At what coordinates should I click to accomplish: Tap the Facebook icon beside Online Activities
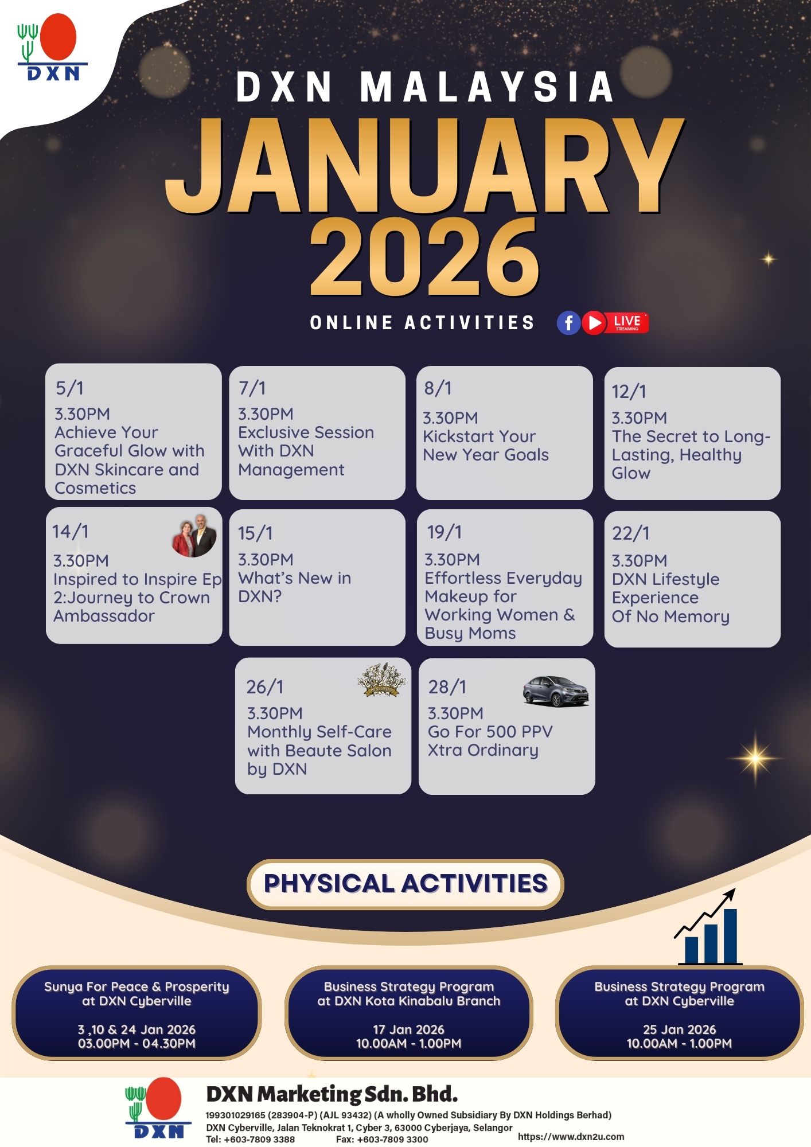[568, 322]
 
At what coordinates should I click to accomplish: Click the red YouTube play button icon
[594, 322]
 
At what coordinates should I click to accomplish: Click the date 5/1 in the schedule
[69, 388]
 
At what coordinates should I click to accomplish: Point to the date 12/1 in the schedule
[629, 392]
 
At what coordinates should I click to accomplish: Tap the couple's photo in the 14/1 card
[194, 536]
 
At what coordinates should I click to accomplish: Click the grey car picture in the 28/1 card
[556, 691]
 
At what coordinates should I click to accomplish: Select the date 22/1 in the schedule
[631, 533]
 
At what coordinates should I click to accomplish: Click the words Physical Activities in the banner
[405, 884]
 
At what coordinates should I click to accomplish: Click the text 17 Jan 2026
[408, 1029]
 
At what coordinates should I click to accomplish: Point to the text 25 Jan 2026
[679, 1029]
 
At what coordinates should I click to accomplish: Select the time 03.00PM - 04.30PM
[137, 1043]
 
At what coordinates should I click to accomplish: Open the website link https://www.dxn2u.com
[571, 1136]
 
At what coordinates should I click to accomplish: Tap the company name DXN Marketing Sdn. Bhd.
[332, 1095]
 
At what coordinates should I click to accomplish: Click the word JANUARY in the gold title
[425, 165]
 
